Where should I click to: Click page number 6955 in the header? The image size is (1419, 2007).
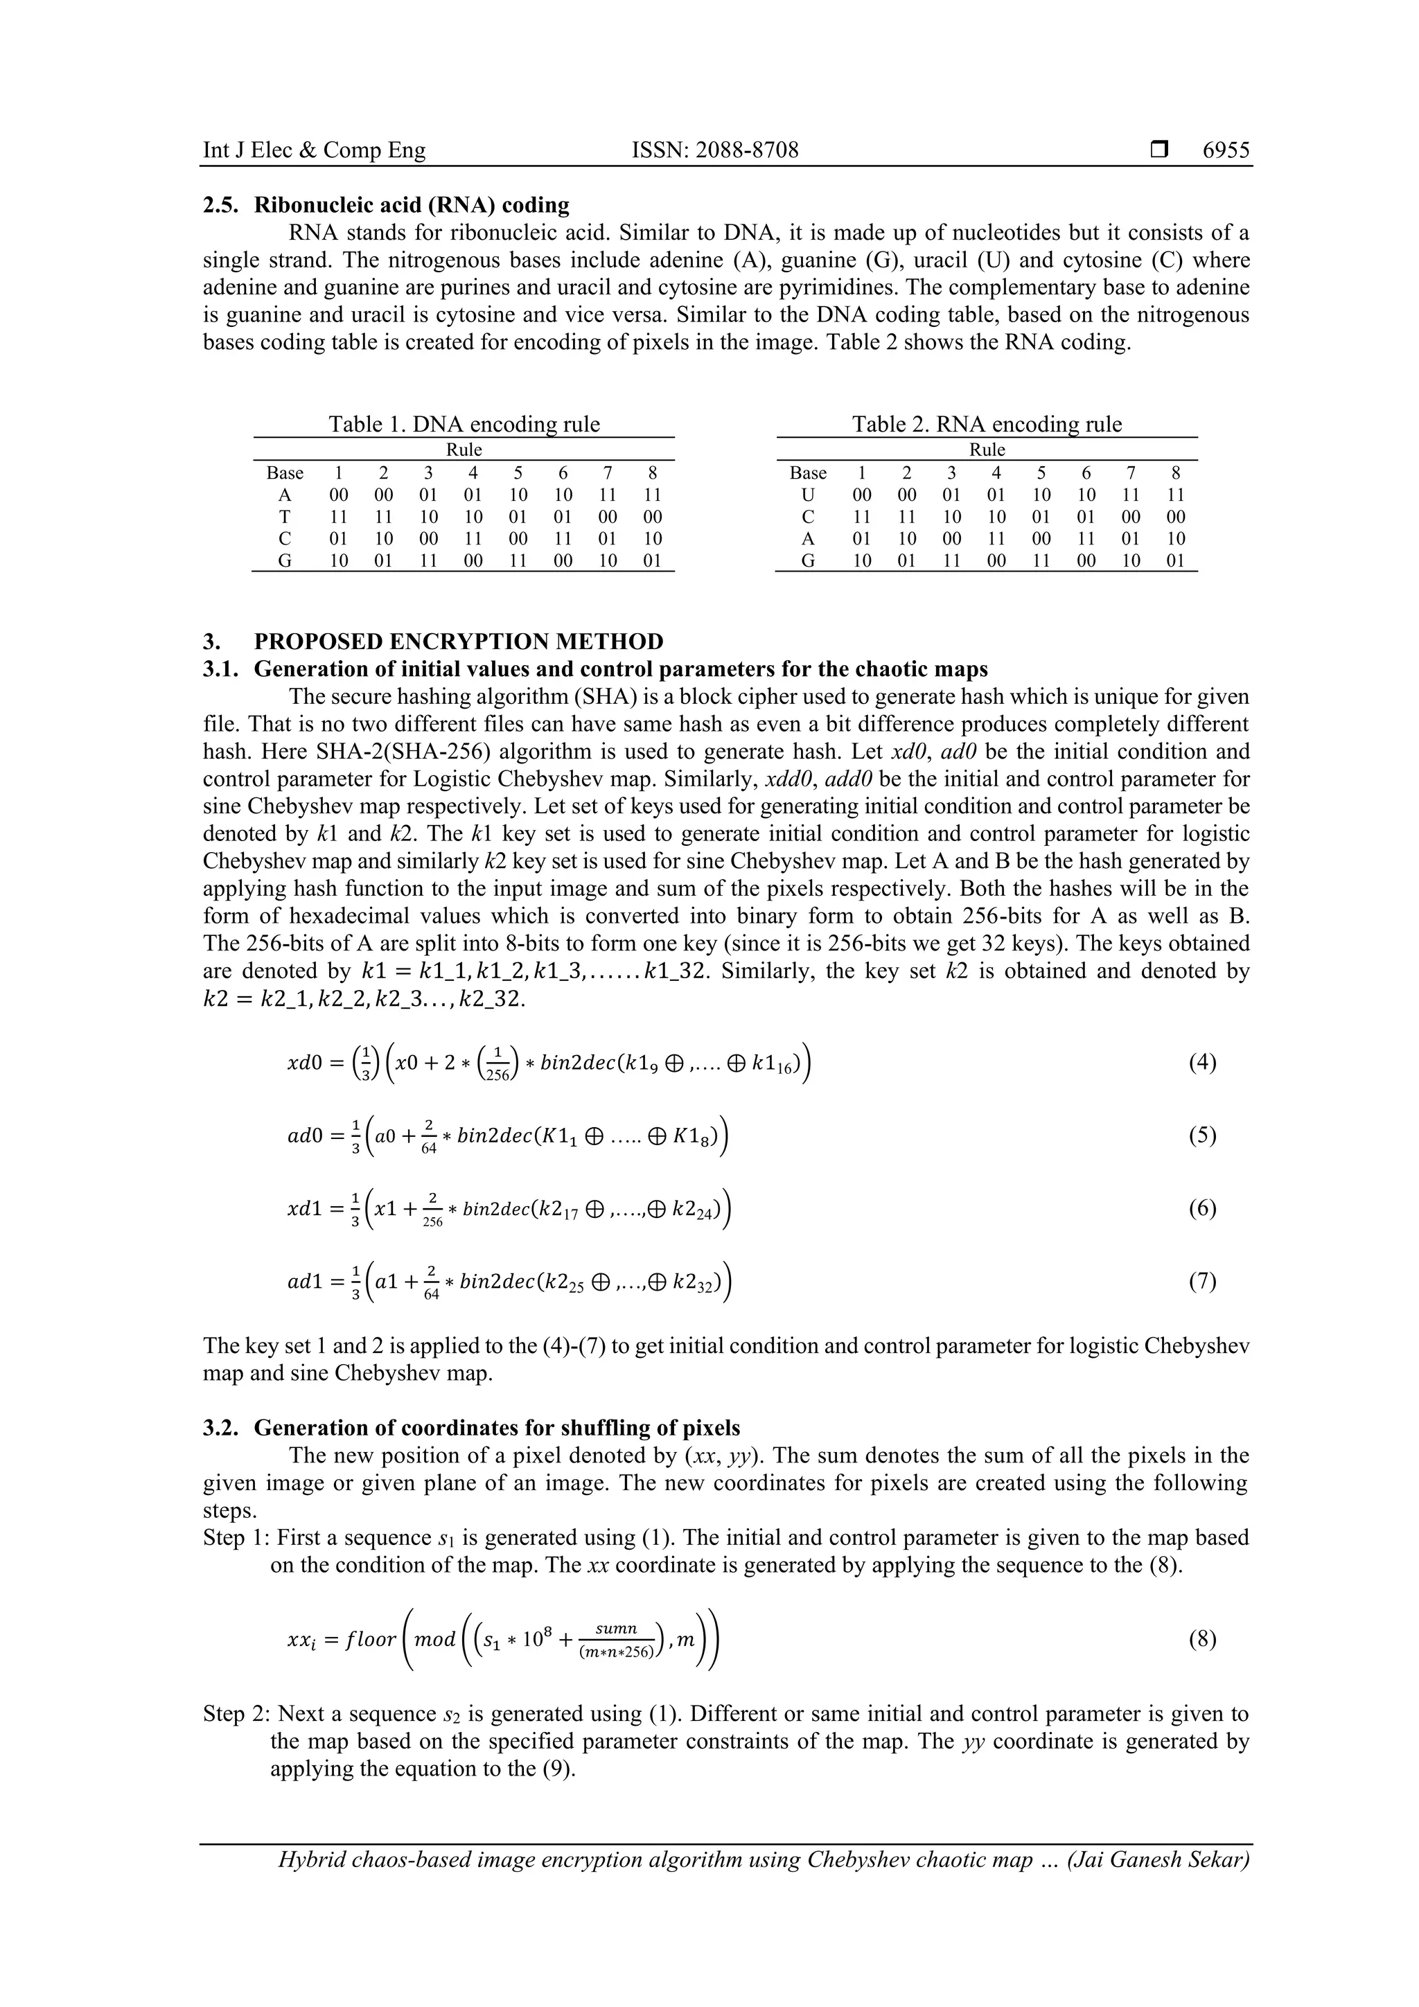click(1226, 150)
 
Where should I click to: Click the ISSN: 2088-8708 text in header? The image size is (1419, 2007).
click(714, 150)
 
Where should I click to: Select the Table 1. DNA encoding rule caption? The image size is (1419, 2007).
click(464, 424)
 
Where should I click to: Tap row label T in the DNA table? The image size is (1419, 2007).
click(284, 517)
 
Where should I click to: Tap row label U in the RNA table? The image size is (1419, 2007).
click(807, 495)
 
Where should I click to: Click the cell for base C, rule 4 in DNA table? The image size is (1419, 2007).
click(473, 538)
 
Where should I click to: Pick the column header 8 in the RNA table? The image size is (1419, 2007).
click(1176, 473)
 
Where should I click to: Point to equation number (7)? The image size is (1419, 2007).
click(1202, 1282)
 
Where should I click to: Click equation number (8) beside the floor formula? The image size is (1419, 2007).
click(1202, 1639)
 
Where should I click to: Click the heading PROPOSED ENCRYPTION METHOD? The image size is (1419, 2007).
click(458, 642)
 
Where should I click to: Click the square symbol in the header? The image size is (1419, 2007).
click(1159, 150)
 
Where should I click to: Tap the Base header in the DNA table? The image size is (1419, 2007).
click(284, 473)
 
